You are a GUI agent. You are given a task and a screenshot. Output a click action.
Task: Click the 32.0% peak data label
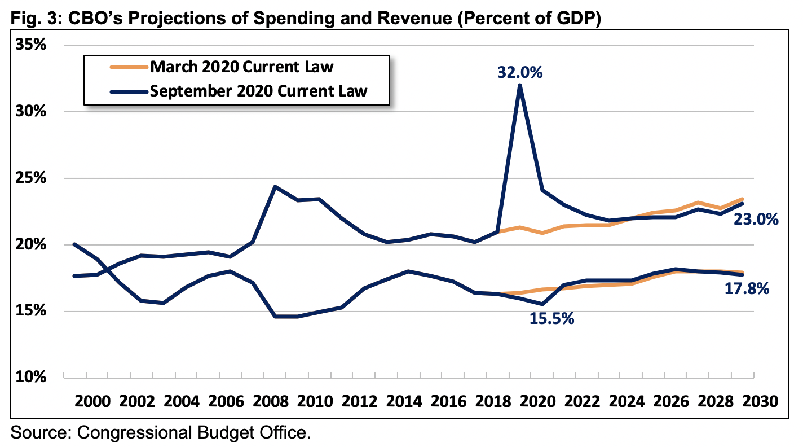click(x=519, y=73)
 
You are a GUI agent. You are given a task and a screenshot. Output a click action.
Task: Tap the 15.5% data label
click(x=551, y=319)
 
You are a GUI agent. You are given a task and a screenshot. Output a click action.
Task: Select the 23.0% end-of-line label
click(x=756, y=220)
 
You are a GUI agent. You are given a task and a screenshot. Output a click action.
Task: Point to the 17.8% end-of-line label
click(x=747, y=290)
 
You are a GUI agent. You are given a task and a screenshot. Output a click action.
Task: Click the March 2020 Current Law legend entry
click(x=242, y=67)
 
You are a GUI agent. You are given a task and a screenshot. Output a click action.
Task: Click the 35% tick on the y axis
click(x=30, y=45)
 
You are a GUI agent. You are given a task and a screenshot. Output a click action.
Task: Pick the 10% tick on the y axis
click(x=30, y=377)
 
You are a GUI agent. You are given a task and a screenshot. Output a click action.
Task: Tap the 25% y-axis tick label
click(x=30, y=178)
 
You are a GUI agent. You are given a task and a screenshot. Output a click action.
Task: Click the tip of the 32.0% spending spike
click(x=519, y=85)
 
